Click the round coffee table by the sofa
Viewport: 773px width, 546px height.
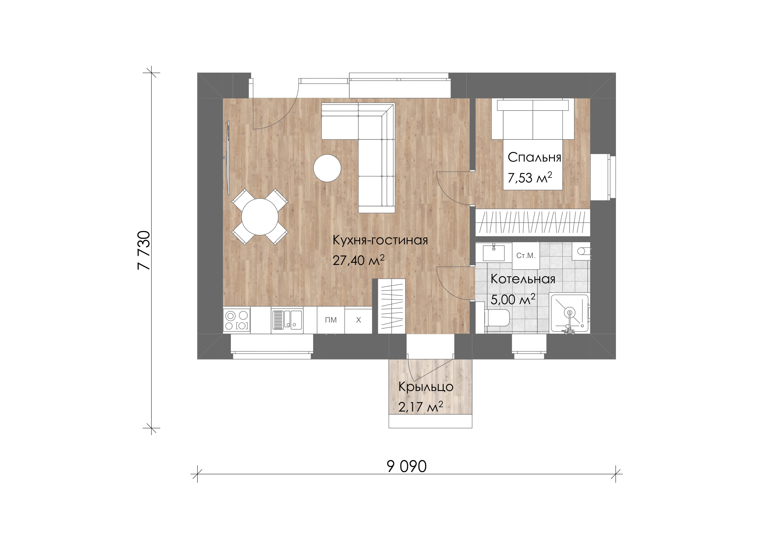pos(327,168)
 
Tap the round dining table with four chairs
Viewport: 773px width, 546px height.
pos(260,217)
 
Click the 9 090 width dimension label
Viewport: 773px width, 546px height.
pos(407,466)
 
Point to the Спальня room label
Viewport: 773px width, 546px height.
pos(535,157)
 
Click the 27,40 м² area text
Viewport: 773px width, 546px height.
pos(359,260)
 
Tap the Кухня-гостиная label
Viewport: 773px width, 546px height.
pos(380,240)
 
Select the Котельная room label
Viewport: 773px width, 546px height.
pos(523,279)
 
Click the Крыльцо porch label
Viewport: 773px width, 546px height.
pos(426,387)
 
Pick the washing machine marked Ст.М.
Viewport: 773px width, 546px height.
pos(526,256)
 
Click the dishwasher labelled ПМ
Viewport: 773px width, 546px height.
pos(331,320)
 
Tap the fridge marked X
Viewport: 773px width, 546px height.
pos(358,320)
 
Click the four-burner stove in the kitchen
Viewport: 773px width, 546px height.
pos(237,320)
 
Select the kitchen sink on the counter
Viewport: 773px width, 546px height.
pos(287,320)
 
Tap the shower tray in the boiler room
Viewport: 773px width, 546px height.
pos(569,313)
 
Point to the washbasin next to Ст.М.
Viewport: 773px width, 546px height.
pos(494,253)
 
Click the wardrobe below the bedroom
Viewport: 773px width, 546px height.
pos(533,222)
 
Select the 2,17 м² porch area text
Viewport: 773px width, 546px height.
pos(421,407)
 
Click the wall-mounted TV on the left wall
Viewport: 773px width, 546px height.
pos(228,158)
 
